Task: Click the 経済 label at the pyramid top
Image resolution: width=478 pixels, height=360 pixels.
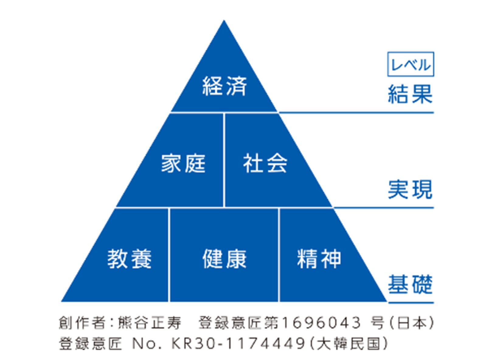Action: point(224,86)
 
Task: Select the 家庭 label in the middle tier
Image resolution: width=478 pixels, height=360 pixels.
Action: point(183,164)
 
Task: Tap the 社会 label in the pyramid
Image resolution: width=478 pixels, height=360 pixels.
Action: point(265,164)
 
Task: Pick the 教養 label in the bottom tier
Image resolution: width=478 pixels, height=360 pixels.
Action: point(130,259)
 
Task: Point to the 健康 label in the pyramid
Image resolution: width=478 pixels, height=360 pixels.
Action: point(224,259)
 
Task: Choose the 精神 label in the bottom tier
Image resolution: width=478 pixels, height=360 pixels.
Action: point(319,259)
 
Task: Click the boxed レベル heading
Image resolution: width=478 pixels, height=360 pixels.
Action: point(410,64)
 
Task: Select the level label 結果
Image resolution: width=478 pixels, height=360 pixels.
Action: point(410,94)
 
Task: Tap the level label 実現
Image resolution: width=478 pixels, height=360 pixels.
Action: point(410,189)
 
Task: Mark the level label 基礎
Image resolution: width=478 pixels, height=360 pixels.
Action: point(410,285)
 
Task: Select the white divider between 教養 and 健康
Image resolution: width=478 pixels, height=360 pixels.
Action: point(169,255)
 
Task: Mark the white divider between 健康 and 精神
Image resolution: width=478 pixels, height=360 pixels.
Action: point(279,255)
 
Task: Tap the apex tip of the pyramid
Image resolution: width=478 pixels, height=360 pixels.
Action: point(224,21)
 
